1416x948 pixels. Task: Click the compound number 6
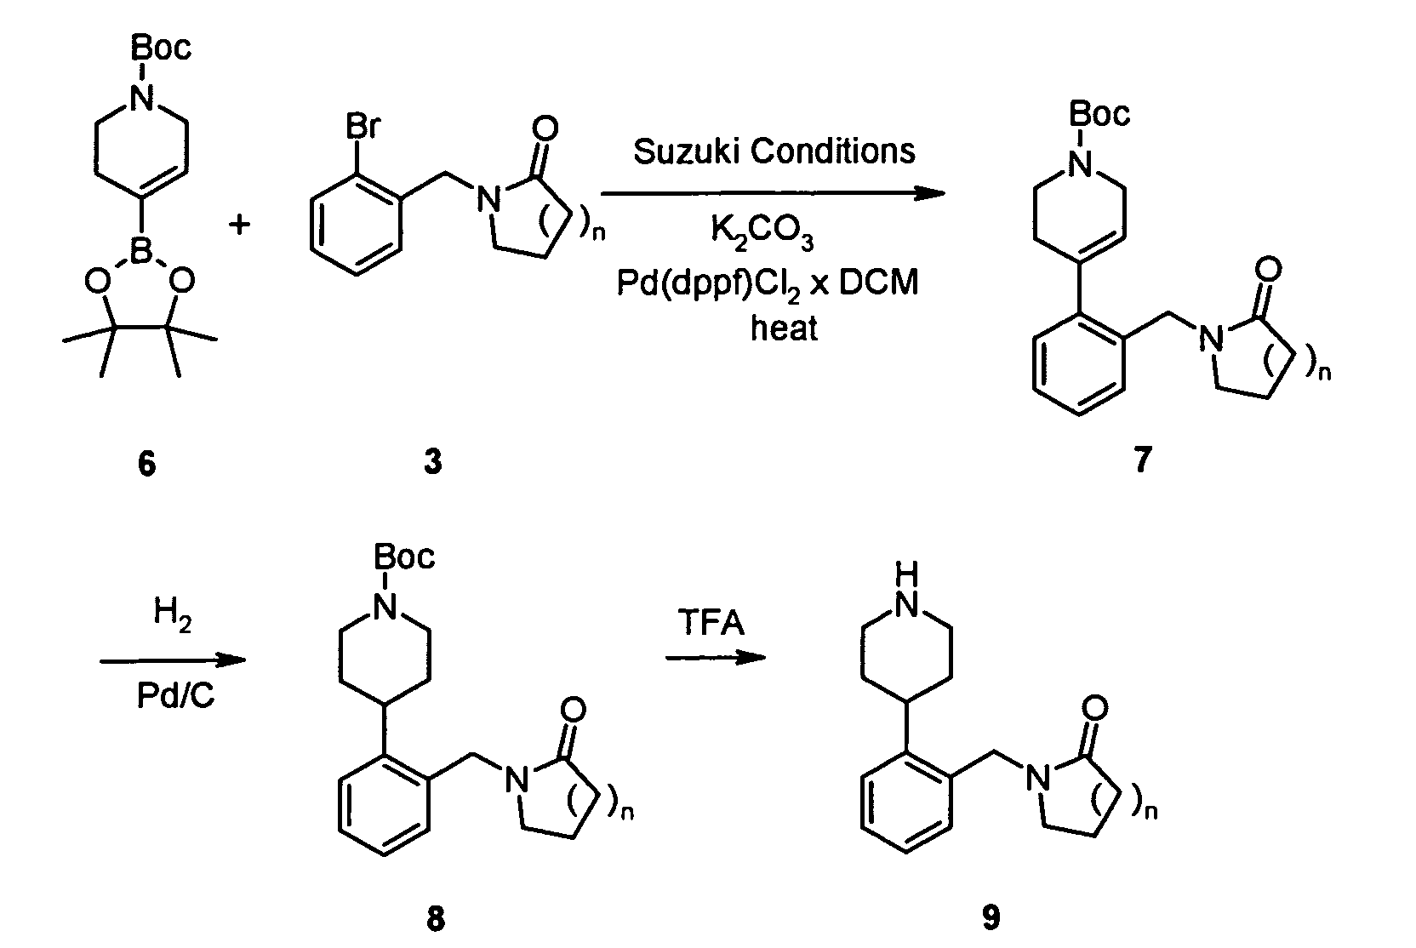tap(147, 464)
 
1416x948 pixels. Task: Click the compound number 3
tap(433, 464)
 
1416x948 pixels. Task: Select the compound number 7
tap(1143, 460)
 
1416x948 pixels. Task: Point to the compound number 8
tap(435, 918)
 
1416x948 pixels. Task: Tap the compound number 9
tap(991, 917)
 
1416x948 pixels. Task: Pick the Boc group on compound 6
tap(161, 48)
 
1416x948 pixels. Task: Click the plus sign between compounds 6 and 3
tap(242, 225)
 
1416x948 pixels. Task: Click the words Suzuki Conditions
tap(774, 151)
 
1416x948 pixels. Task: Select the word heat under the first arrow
tap(784, 328)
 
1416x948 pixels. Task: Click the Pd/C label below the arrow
tap(175, 697)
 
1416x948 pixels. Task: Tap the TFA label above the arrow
tap(711, 624)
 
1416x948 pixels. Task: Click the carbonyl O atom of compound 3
tap(545, 128)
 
